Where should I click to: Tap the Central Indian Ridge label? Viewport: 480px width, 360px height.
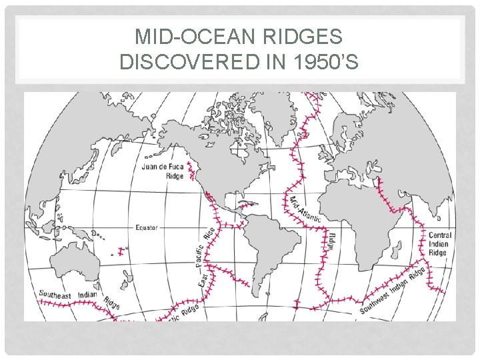(x=439, y=244)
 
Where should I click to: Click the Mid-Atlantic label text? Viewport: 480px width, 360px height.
(x=304, y=209)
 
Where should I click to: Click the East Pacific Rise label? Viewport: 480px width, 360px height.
(x=206, y=257)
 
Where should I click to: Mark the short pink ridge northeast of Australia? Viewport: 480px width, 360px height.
(x=120, y=252)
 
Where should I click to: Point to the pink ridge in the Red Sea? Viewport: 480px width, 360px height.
(x=382, y=190)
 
